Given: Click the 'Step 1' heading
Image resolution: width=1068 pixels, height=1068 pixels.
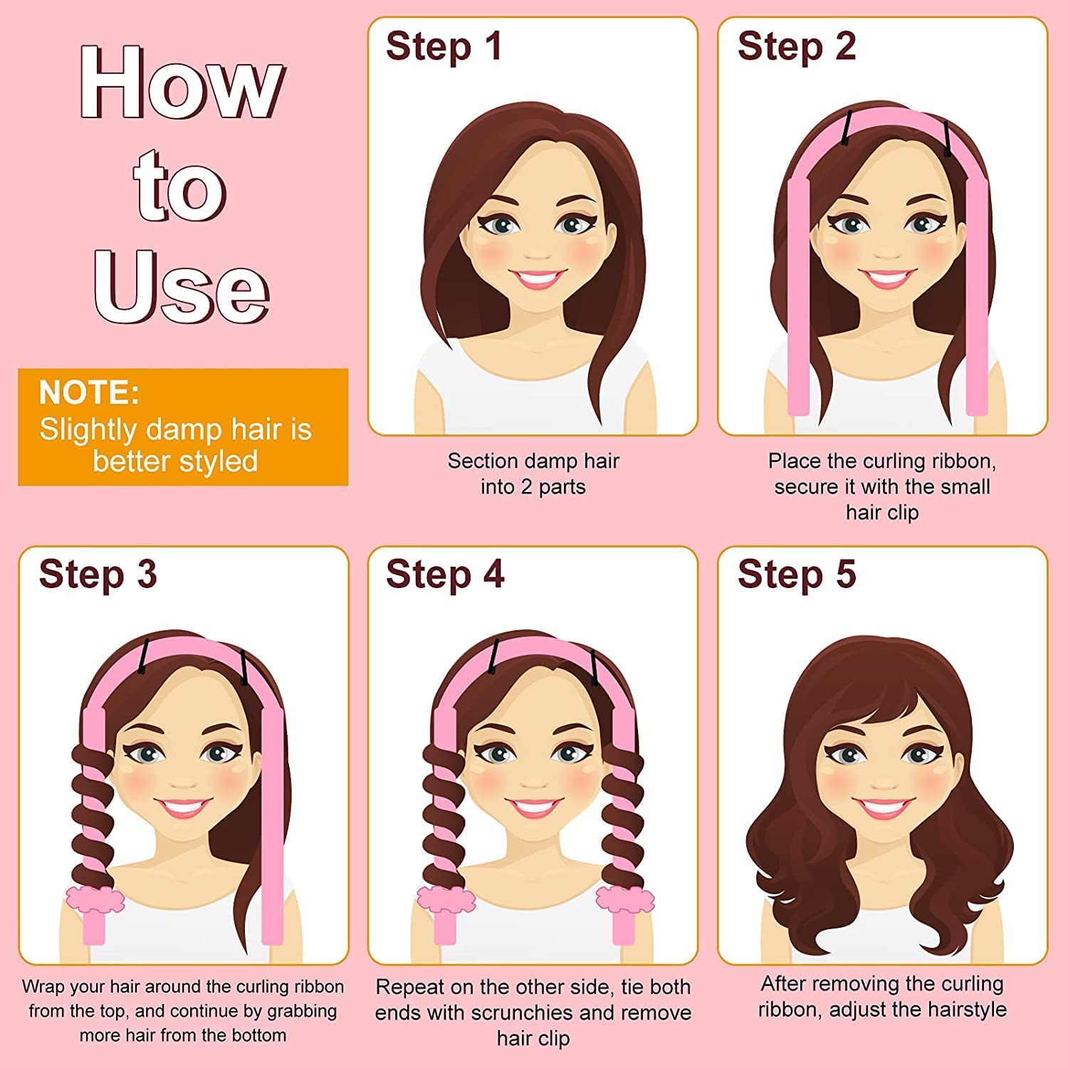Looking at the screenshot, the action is pos(444,46).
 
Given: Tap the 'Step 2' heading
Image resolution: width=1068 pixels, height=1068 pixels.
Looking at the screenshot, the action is pos(797,46).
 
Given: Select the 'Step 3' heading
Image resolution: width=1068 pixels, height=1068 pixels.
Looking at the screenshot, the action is pos(98,574).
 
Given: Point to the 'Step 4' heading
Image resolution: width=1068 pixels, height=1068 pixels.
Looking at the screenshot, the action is pos(445,574).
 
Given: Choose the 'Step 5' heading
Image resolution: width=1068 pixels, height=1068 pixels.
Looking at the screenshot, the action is pos(797,574).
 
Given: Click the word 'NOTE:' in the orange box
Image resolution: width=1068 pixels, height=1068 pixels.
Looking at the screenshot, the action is pos(89,392).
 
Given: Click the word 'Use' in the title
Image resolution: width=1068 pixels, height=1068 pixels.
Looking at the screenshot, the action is pos(182,286).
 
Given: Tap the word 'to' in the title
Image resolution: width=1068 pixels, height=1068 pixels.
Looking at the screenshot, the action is pos(180,187).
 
